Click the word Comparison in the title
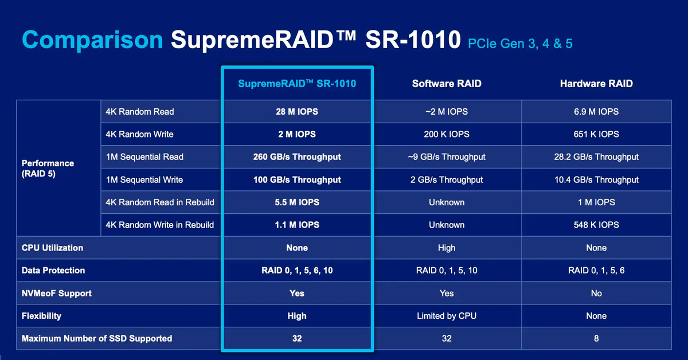coord(92,40)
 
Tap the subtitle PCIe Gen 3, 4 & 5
coord(520,44)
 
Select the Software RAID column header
coord(447,84)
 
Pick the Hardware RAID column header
coord(596,84)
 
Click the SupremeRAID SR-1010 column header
coord(297,84)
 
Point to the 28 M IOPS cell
coord(297,112)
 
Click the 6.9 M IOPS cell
coord(596,112)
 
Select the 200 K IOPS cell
coord(447,134)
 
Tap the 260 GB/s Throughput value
coord(297,157)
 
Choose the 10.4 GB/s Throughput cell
coord(596,179)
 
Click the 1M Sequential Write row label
coord(144,179)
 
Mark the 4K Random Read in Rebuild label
coord(160,202)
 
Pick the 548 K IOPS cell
coord(596,225)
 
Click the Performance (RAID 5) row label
coord(48,169)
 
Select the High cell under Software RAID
coord(447,248)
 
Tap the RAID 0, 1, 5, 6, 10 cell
coord(297,271)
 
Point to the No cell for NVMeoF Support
coord(596,294)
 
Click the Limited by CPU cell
coord(447,316)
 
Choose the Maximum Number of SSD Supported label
coord(97,338)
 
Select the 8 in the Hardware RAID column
coord(596,338)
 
